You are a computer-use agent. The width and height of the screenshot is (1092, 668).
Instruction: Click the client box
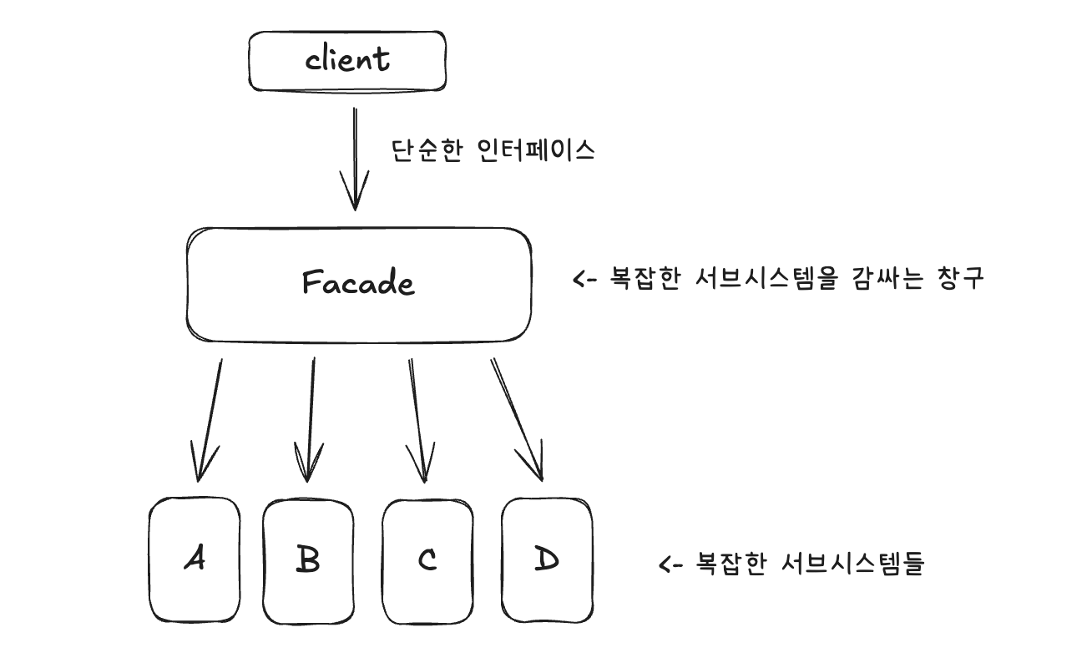click(347, 61)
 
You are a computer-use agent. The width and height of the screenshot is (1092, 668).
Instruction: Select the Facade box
click(359, 285)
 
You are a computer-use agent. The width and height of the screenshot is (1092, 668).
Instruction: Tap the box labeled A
click(195, 560)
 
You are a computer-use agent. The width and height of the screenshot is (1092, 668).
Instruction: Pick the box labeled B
click(308, 560)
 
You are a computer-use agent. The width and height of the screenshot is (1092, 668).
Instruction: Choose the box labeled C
click(427, 560)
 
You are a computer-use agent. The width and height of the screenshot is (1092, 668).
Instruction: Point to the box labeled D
click(547, 560)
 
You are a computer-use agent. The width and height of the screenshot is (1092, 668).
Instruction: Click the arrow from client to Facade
click(356, 159)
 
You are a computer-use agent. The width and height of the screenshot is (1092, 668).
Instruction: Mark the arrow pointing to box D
click(516, 417)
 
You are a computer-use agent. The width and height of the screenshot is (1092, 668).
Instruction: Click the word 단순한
click(426, 150)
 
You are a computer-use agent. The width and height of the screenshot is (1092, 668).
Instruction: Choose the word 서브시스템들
click(852, 565)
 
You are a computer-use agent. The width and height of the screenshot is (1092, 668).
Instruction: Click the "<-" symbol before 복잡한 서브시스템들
click(671, 565)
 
